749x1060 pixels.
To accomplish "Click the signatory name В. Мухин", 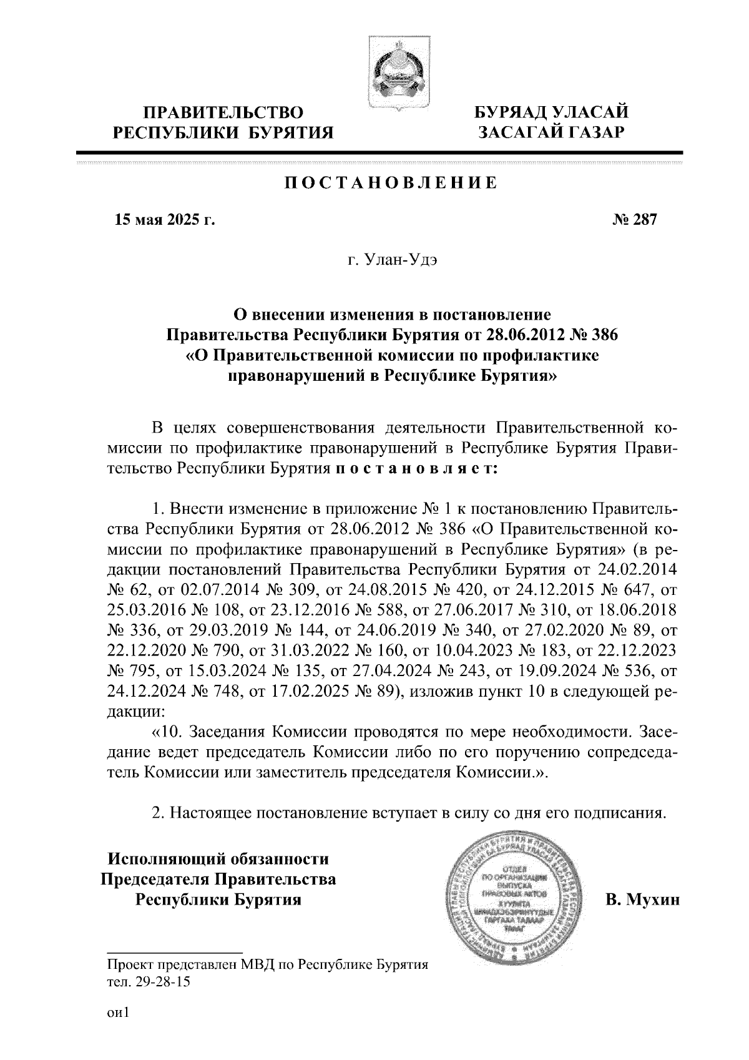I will (642, 900).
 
